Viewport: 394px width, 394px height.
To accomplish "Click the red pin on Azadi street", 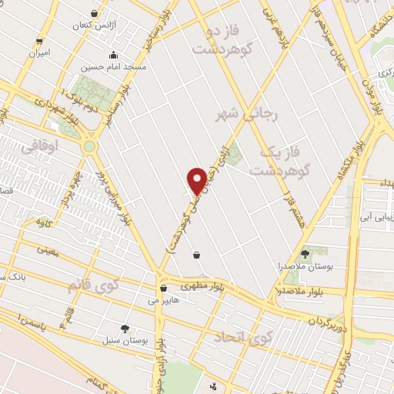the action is click(x=197, y=182).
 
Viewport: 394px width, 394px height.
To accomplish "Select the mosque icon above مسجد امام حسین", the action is click(x=114, y=55).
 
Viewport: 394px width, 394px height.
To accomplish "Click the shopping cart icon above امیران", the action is click(x=39, y=41).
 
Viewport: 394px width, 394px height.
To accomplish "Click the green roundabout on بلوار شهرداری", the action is click(x=89, y=145).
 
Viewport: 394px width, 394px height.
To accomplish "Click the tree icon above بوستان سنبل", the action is click(x=125, y=329).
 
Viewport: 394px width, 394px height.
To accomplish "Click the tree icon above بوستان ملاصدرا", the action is click(x=305, y=253).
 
